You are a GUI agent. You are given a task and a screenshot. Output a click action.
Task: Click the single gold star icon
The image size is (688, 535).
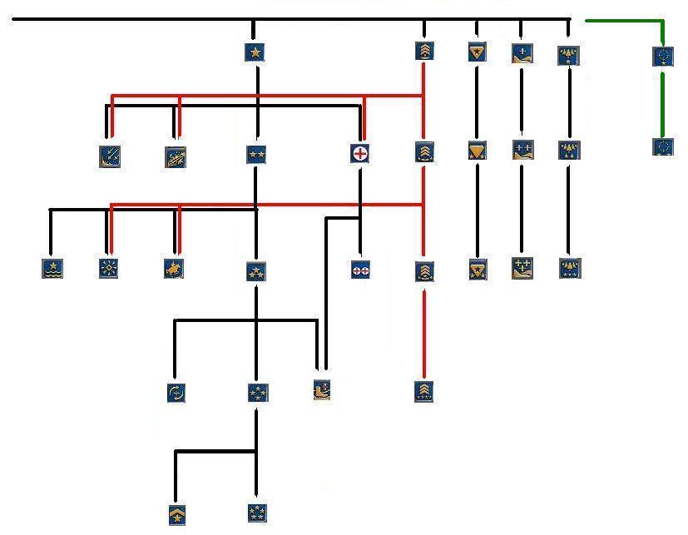tap(255, 52)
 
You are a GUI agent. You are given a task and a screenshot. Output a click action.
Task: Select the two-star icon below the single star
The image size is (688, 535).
tap(256, 154)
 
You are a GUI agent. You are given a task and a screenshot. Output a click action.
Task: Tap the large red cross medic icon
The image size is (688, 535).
tap(360, 153)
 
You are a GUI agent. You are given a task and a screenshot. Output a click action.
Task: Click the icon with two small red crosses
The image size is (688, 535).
tap(360, 270)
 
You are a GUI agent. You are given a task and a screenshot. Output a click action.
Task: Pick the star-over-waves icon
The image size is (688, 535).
tap(52, 268)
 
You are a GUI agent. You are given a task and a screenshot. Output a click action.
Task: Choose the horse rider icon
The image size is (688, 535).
tap(174, 268)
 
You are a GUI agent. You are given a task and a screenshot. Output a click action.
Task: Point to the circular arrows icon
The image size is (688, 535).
tap(176, 393)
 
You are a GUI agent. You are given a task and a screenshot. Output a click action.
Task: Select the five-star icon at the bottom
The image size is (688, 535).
tap(257, 513)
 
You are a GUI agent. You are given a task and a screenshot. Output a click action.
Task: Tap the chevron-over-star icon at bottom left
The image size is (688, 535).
tap(176, 515)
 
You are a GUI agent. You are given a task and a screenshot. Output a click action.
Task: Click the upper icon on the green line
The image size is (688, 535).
tap(663, 57)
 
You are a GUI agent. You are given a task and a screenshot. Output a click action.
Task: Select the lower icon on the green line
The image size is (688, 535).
tap(663, 148)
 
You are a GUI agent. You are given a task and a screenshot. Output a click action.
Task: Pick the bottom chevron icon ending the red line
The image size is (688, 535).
tap(424, 391)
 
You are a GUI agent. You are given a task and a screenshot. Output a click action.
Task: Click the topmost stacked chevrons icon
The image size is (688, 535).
tap(424, 51)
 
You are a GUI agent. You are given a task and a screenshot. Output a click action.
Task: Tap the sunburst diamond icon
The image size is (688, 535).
tap(109, 268)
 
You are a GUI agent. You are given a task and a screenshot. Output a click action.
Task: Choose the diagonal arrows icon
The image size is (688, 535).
tap(110, 156)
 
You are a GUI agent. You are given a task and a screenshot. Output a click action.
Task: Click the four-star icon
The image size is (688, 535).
tap(257, 393)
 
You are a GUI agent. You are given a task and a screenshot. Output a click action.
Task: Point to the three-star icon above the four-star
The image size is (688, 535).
tap(256, 270)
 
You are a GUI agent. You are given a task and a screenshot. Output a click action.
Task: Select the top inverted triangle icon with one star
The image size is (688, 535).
tap(477, 52)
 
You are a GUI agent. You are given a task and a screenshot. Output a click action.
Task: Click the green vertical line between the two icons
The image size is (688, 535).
tap(662, 102)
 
